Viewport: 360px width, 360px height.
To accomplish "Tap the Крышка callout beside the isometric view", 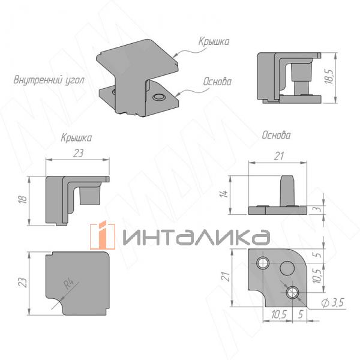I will pyautogui.click(x=214, y=42).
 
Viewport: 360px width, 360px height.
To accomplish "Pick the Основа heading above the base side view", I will pyautogui.click(x=276, y=136).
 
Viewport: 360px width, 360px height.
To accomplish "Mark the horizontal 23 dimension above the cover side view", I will pyautogui.click(x=79, y=154).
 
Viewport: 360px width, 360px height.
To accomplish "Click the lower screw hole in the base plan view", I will pyautogui.click(x=292, y=292).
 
